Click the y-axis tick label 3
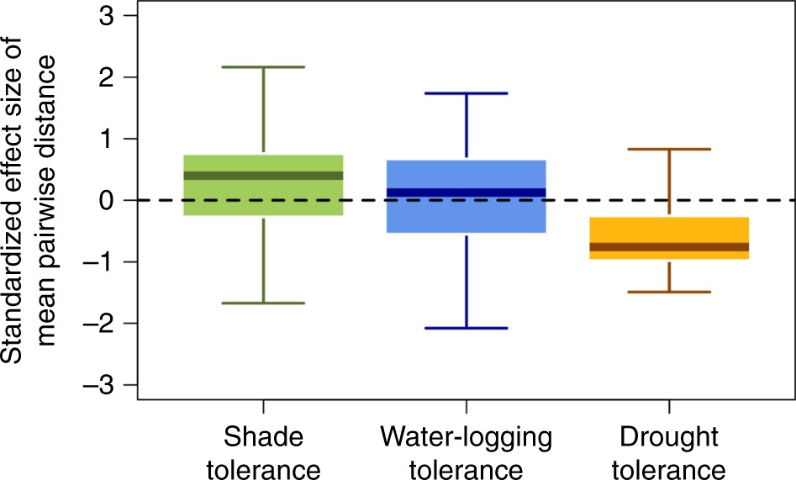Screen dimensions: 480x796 coord(109,16)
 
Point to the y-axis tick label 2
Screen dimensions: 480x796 coord(109,77)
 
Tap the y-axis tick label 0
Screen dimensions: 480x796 coord(109,200)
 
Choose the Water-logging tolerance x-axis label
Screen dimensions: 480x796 coord(466,451)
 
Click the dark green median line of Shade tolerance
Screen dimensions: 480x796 coord(263,176)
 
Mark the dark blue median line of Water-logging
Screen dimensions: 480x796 coord(466,193)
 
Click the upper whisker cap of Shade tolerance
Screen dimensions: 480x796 coord(263,66)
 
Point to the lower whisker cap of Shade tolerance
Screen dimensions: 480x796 coord(263,303)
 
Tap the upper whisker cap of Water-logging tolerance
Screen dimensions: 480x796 coord(466,93)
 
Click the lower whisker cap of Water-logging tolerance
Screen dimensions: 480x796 coord(466,328)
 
